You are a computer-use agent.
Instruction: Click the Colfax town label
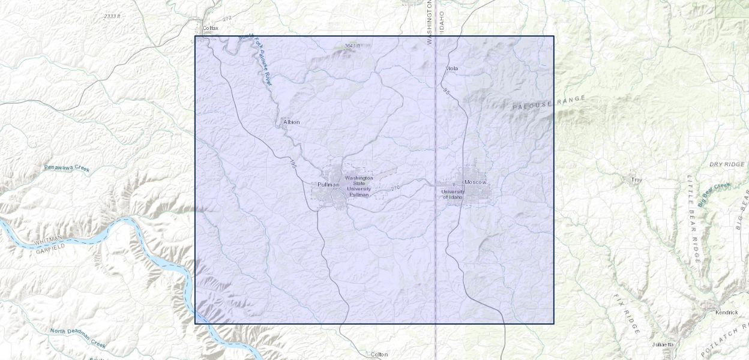pyautogui.click(x=211, y=28)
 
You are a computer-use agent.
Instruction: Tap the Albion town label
pyautogui.click(x=292, y=122)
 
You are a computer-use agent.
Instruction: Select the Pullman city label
pyautogui.click(x=328, y=184)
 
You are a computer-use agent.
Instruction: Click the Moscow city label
pyautogui.click(x=475, y=182)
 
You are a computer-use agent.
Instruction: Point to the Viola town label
pyautogui.click(x=452, y=68)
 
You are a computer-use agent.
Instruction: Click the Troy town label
pyautogui.click(x=636, y=179)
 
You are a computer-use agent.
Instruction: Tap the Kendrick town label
pyautogui.click(x=726, y=312)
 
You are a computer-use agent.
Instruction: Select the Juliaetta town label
pyautogui.click(x=663, y=344)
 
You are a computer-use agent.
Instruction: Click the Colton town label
pyautogui.click(x=379, y=354)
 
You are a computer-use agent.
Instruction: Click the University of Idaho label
pyautogui.click(x=453, y=194)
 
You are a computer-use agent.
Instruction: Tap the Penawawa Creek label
pyautogui.click(x=67, y=168)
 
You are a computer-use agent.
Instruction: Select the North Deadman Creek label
pyautogui.click(x=78, y=338)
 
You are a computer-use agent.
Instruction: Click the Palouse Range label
pyautogui.click(x=549, y=103)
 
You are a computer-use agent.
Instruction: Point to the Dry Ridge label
pyautogui.click(x=726, y=164)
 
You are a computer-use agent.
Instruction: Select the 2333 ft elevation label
pyautogui.click(x=112, y=16)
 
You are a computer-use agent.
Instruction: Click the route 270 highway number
pyautogui.click(x=395, y=188)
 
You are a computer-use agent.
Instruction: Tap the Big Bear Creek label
pyautogui.click(x=714, y=194)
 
